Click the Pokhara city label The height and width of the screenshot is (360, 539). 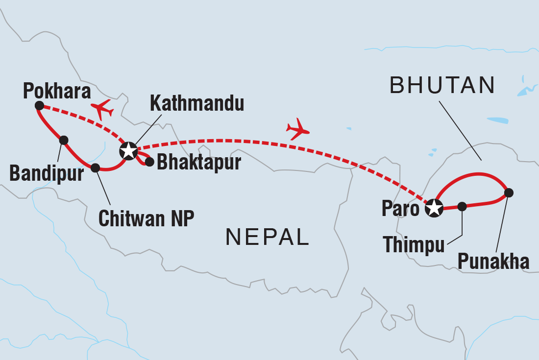point(57,91)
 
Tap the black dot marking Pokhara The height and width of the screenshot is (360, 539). point(40,105)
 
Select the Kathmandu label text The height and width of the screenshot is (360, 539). point(196,104)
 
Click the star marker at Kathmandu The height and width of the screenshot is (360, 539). point(128,151)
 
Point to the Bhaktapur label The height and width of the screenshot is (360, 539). point(198,163)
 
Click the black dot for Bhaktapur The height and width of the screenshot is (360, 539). point(149,162)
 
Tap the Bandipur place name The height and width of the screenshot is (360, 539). point(47,174)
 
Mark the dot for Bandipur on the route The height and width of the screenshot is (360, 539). point(63,140)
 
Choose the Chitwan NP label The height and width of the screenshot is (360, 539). point(146,218)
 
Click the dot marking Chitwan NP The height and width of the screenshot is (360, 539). point(96,168)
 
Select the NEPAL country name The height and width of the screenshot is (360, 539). point(267,237)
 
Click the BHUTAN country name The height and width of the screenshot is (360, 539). point(442,86)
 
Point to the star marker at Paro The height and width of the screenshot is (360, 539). point(434,208)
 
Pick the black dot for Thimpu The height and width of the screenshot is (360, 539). point(462,207)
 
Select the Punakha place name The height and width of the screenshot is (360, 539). point(493,262)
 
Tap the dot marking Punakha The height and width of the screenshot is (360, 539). point(509,192)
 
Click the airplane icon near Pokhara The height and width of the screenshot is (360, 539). point(102,109)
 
